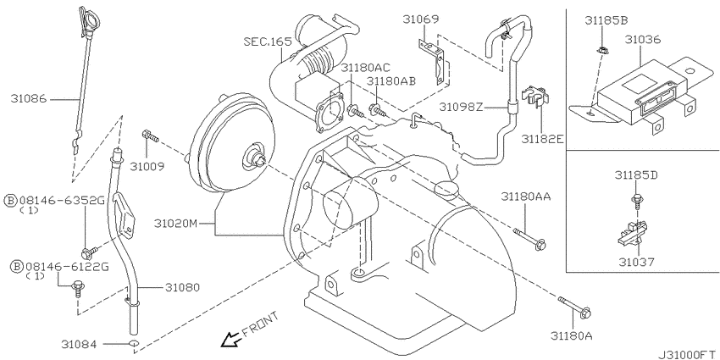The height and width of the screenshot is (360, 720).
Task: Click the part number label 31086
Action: click(x=29, y=98)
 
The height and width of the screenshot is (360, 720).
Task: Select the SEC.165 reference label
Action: click(x=268, y=42)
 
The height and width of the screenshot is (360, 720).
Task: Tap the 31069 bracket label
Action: click(x=421, y=19)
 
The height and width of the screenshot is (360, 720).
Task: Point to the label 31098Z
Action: click(x=461, y=107)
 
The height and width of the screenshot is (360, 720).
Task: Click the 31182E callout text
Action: click(x=542, y=139)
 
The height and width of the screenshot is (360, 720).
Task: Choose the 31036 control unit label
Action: click(x=642, y=40)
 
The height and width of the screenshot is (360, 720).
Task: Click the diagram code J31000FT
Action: click(x=689, y=355)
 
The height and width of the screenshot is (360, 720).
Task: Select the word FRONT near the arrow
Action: click(x=260, y=324)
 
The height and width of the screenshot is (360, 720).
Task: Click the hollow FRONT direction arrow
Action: click(x=230, y=341)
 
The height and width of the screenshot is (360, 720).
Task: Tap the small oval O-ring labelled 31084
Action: click(x=134, y=343)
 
